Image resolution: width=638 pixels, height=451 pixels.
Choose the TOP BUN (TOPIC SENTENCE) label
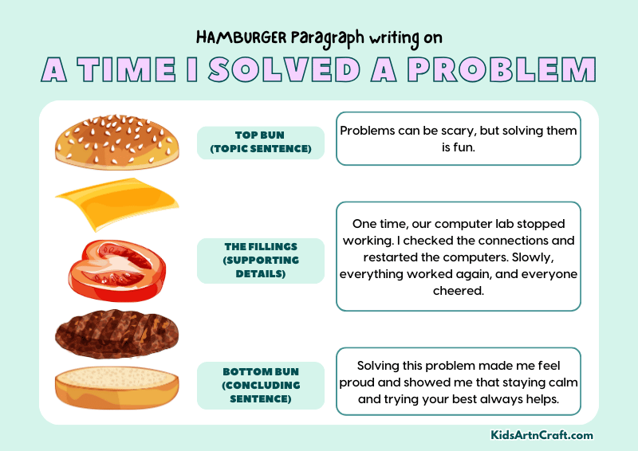tap(260, 143)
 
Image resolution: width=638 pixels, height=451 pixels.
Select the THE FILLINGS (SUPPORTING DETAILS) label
tap(260, 260)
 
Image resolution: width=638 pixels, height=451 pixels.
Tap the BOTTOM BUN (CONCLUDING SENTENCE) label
tap(260, 385)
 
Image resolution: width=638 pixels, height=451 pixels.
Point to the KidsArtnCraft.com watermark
tap(542, 435)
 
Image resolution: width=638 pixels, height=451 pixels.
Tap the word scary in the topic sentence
tap(473, 130)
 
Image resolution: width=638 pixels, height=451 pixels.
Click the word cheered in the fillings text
tap(458, 290)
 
